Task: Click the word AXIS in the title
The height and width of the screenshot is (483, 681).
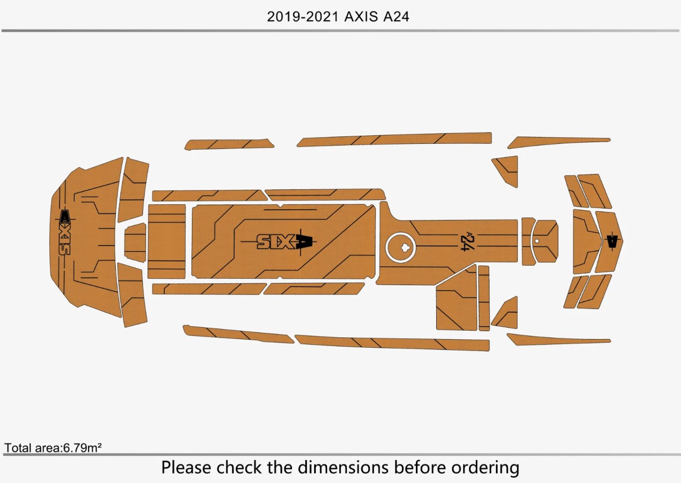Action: (x=361, y=17)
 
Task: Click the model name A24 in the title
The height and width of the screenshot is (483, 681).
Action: (x=396, y=17)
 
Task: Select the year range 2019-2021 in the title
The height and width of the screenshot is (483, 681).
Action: (x=303, y=17)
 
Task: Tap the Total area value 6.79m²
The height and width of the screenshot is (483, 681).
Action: (x=82, y=448)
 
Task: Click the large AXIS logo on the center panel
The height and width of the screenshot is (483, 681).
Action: (x=285, y=241)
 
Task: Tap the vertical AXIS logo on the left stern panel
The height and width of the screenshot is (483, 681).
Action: (x=64, y=232)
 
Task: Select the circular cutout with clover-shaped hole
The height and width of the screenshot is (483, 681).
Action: (x=401, y=247)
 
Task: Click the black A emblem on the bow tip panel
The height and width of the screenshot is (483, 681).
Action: (x=612, y=241)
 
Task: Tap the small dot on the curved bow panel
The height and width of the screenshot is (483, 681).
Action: (x=537, y=241)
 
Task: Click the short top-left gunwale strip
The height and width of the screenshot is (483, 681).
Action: (x=229, y=144)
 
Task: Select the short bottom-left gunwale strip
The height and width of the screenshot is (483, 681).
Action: (x=236, y=334)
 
